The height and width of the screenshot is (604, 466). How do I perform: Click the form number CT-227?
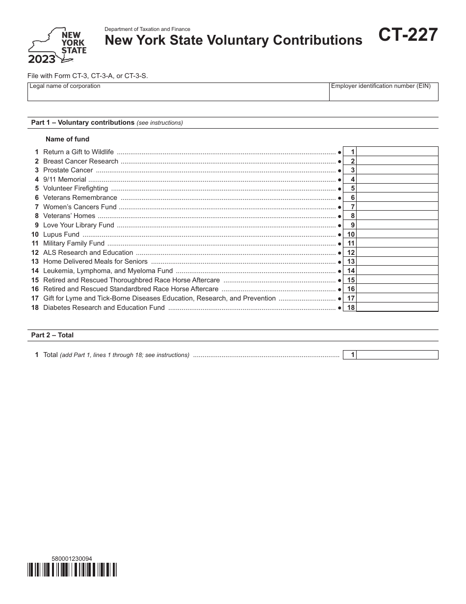407,36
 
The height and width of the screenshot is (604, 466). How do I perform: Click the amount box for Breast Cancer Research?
397,161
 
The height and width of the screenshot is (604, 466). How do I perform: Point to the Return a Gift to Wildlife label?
78,152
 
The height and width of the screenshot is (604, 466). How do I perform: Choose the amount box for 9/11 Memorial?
397,179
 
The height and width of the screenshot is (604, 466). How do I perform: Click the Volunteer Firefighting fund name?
76,189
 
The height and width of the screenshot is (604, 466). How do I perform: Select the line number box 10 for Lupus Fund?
350,234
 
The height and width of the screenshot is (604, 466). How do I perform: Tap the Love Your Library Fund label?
78,225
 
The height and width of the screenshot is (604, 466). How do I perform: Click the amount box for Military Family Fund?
397,244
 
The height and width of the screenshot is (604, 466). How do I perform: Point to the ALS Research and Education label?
88,253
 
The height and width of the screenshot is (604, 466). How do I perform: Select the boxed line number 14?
350,271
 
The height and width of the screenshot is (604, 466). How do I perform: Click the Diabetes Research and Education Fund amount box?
397,307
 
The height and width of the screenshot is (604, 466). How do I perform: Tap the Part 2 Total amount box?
397,355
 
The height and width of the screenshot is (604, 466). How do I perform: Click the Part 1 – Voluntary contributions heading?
83,123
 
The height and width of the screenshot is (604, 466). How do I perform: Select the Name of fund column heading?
68,139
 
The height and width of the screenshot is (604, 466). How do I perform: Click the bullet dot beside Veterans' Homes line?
339,216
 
